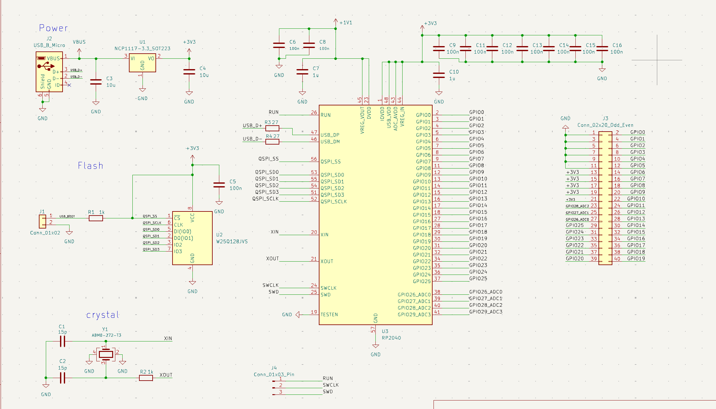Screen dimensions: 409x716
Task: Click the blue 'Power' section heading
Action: [53, 28]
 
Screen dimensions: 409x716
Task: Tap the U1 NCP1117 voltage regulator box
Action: [142, 62]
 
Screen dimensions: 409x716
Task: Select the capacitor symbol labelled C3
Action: [96, 82]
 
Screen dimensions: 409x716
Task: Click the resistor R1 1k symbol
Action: [96, 218]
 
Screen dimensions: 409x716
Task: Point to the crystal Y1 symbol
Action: [106, 354]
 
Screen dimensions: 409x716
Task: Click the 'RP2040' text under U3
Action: [391, 338]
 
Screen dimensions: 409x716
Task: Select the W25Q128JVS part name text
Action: [232, 241]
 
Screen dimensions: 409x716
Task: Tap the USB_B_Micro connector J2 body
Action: [49, 72]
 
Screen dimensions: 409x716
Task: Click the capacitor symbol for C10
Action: [439, 75]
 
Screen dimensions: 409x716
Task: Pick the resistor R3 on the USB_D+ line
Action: [272, 128]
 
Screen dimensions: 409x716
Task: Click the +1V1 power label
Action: [345, 23]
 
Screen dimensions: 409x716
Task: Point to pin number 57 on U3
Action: [373, 329]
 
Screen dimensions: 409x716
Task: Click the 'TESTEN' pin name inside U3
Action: [329, 315]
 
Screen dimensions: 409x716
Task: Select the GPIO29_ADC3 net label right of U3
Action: [486, 312]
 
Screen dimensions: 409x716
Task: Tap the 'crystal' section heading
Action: [103, 315]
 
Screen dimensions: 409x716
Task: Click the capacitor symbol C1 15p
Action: [63, 341]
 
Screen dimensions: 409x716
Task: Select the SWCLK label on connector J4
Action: [331, 385]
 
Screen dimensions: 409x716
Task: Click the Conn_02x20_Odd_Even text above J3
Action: [605, 125]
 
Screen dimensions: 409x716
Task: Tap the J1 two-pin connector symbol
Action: [42, 221]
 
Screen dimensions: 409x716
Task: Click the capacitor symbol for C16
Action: [602, 49]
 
